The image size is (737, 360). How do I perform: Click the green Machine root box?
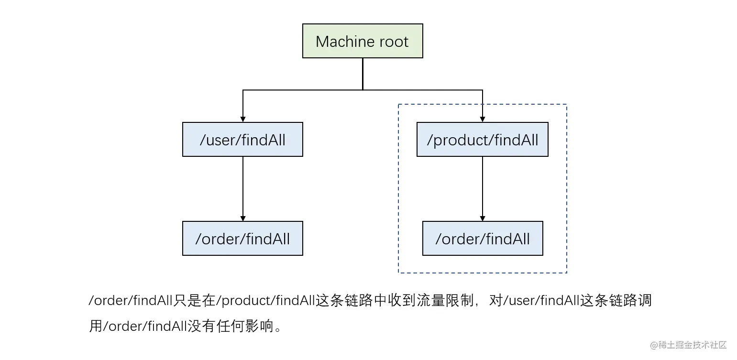click(363, 41)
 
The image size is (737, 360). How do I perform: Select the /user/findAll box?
click(243, 140)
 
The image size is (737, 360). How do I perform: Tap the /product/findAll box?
click(483, 140)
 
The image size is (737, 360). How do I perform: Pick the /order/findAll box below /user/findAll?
click(243, 239)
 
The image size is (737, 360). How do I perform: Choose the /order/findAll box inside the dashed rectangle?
click(483, 239)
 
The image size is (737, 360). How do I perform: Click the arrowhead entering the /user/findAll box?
click(243, 120)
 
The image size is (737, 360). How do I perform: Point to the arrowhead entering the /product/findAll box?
click(483, 120)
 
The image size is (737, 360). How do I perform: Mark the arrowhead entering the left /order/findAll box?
click(243, 218)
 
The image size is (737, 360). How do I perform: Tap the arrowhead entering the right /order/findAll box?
click(483, 218)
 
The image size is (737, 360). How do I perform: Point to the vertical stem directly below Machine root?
click(363, 74)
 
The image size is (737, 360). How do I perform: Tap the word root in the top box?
click(394, 43)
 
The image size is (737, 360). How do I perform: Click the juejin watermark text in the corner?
click(688, 345)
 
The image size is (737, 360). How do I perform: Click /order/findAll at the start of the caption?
click(131, 301)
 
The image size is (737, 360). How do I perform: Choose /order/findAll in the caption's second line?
click(145, 326)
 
